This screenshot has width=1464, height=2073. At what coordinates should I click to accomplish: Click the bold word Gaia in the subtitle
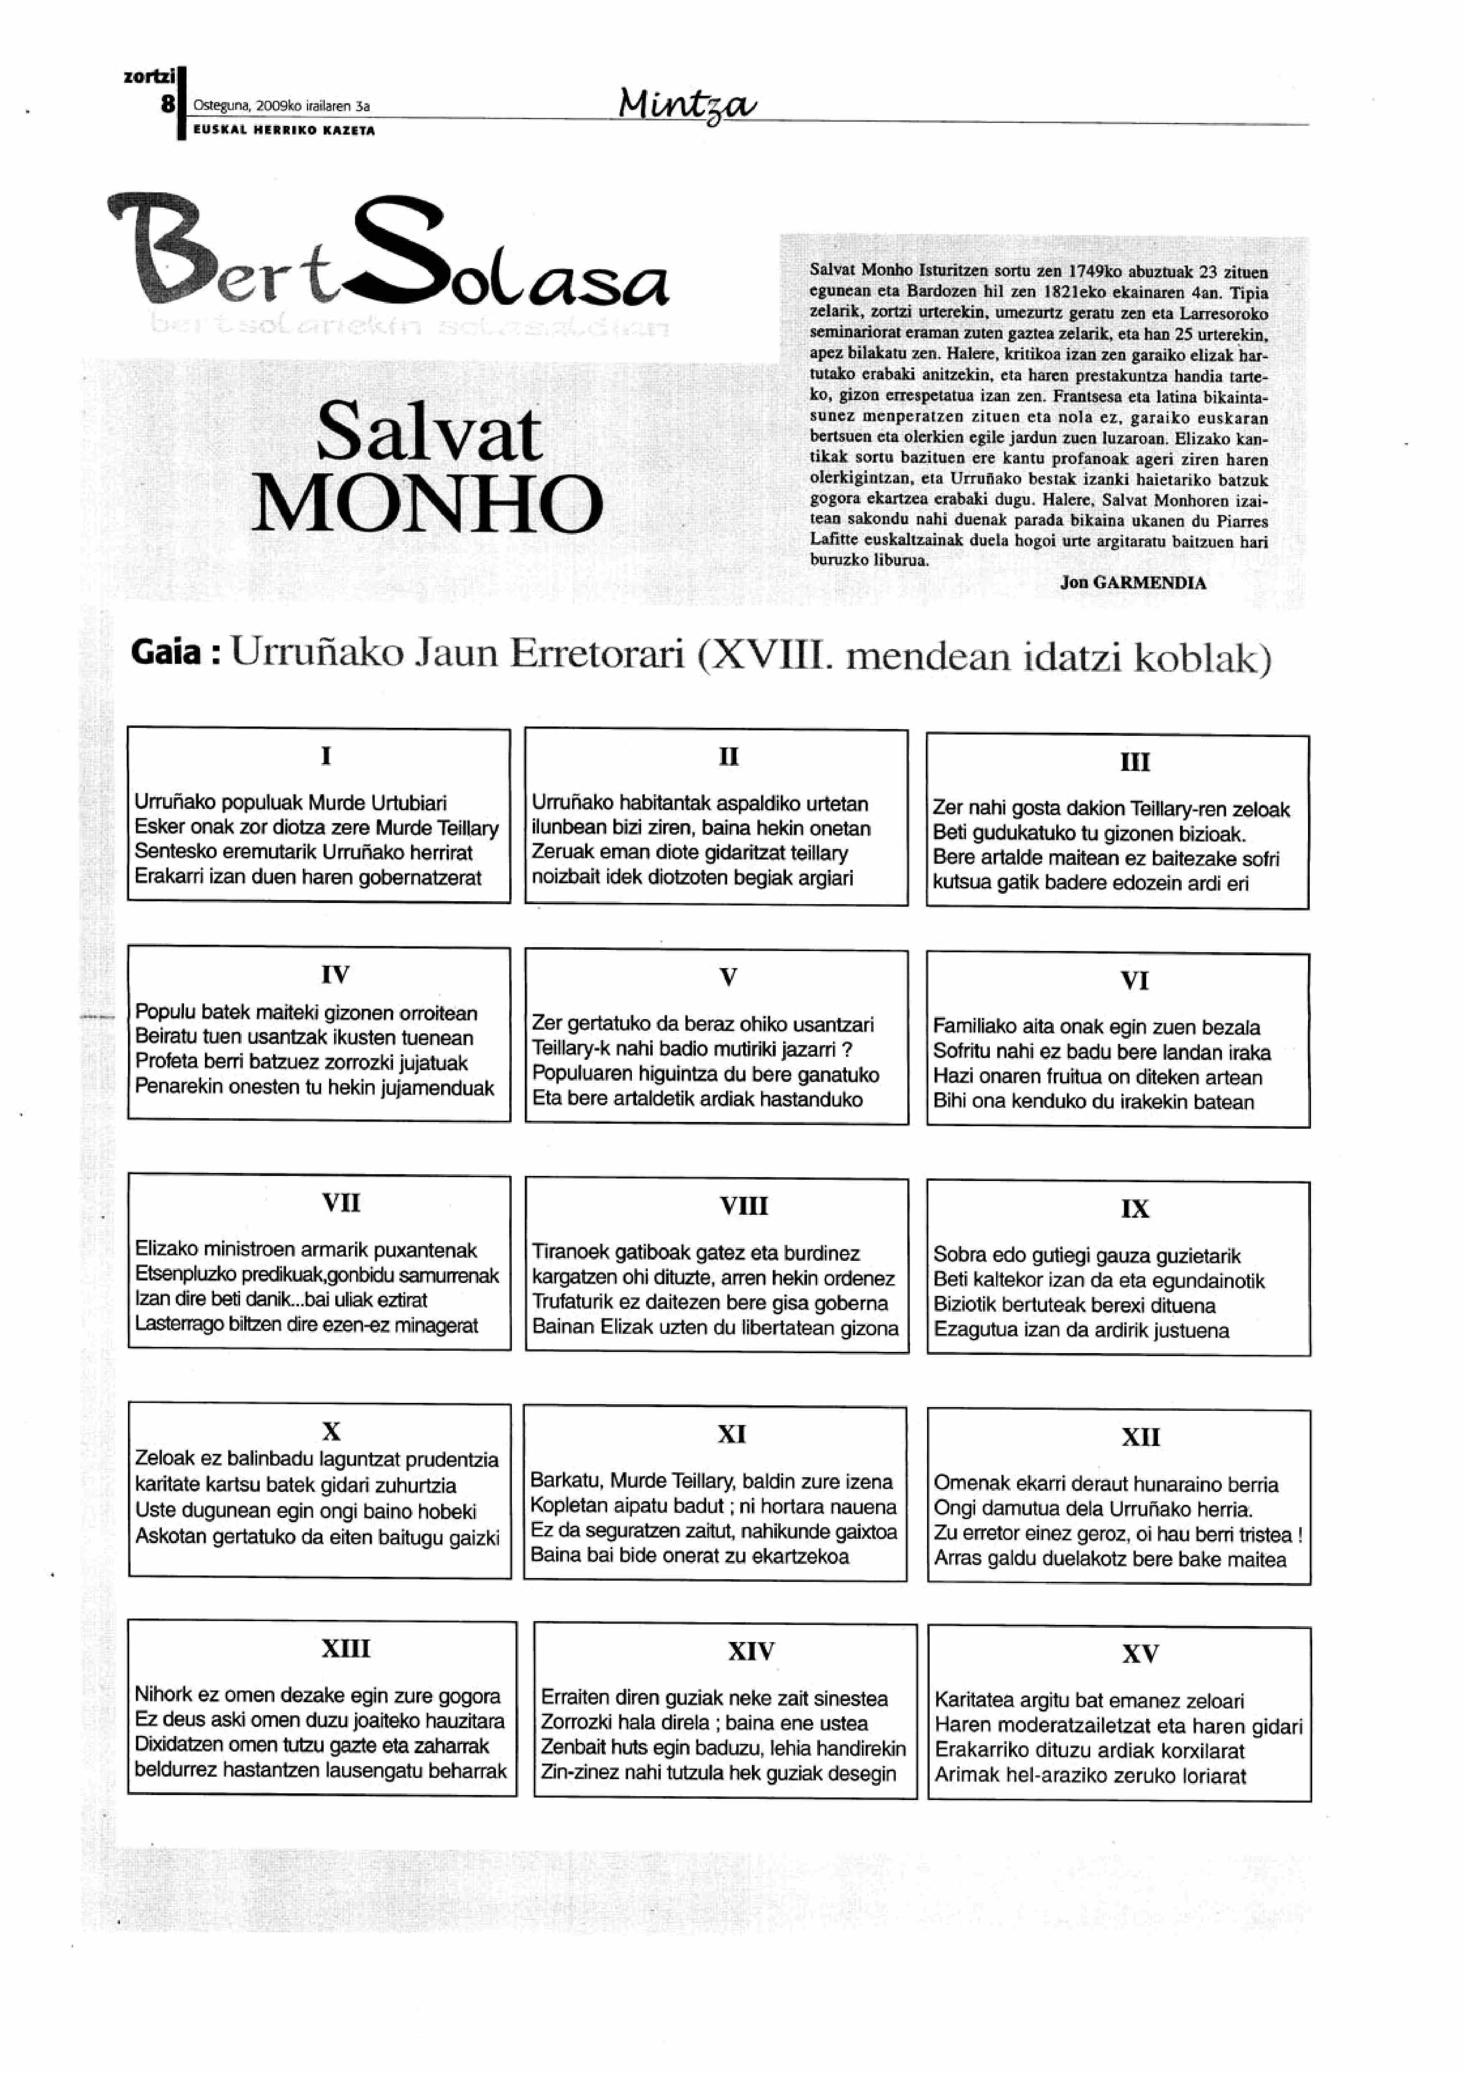[165, 652]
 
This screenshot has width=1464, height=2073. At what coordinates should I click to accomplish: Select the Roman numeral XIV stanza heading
[751, 1651]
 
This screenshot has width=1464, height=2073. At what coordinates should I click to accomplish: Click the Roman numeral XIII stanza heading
[346, 1649]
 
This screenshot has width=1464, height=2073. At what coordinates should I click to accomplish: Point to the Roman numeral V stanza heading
[728, 977]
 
